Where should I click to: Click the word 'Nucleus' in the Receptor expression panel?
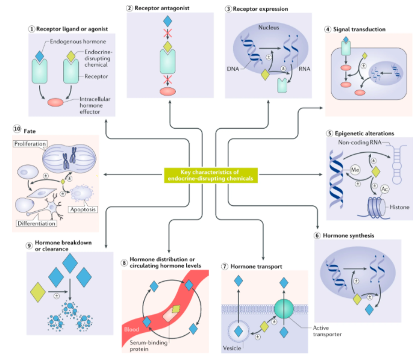(269, 28)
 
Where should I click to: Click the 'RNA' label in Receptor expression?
(305, 68)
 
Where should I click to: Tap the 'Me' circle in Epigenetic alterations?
(356, 170)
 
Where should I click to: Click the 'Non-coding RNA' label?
(360, 143)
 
